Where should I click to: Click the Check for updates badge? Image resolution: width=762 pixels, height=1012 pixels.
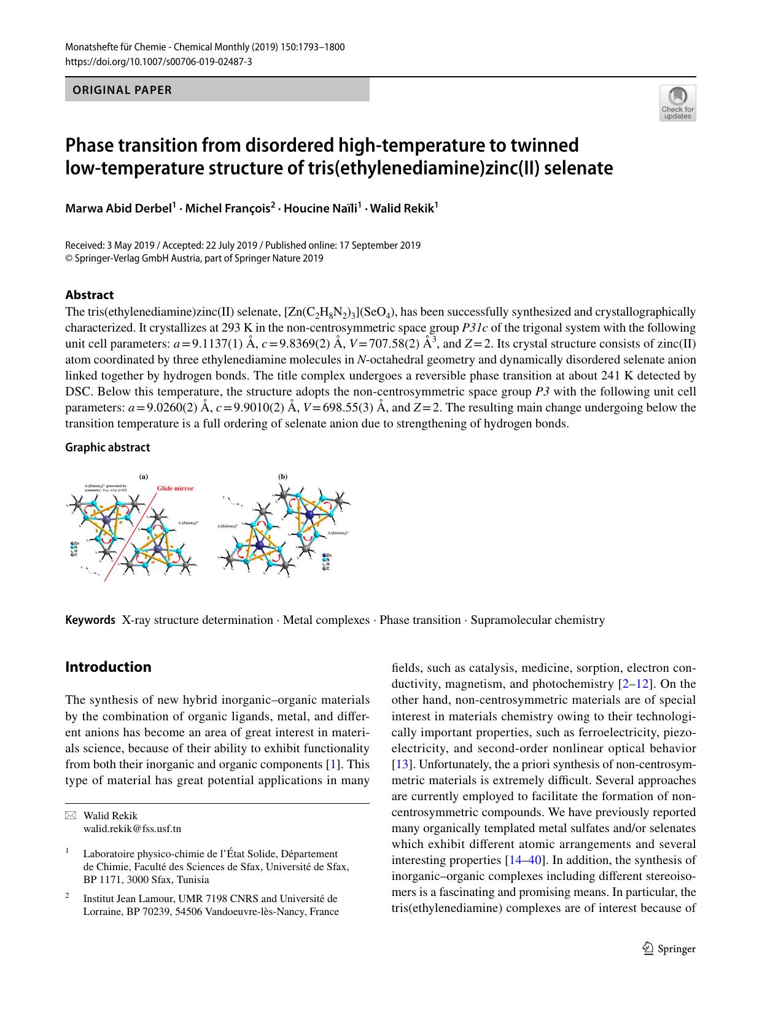(x=677, y=103)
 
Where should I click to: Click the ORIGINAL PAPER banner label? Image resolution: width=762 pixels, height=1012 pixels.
(x=122, y=90)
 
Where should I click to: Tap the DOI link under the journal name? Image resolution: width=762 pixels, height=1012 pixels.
(x=158, y=61)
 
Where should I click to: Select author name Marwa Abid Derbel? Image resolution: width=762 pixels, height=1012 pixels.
(x=119, y=208)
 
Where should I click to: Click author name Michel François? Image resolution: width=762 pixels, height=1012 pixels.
(x=228, y=208)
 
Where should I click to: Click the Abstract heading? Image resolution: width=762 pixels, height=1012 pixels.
(x=90, y=295)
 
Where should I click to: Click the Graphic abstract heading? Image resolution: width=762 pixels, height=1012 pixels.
(x=107, y=447)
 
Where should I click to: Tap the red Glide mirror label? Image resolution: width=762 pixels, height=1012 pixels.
(x=175, y=488)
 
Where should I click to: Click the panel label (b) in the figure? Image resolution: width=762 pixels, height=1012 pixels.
(x=283, y=476)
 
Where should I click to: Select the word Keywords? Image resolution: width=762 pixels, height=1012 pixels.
(x=90, y=620)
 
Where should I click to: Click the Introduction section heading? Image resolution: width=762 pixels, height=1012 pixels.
(x=108, y=667)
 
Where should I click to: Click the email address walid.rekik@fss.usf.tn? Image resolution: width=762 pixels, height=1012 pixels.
(x=132, y=828)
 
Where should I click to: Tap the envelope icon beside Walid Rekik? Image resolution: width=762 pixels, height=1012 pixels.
(x=71, y=815)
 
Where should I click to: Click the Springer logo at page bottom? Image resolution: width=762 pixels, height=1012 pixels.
(x=669, y=949)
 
